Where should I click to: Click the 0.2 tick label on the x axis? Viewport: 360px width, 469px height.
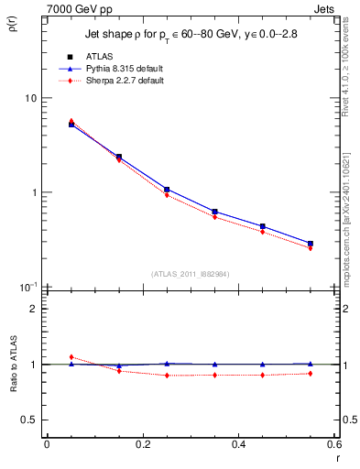click(x=142, y=443)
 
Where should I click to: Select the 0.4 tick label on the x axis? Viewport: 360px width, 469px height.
click(x=238, y=443)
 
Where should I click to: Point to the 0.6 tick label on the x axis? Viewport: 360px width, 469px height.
click(x=333, y=443)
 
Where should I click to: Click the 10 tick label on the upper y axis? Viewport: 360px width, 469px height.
click(x=30, y=98)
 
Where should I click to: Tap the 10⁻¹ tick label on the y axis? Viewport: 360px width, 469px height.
click(x=27, y=287)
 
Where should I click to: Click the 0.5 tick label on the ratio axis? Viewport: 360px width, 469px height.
click(x=29, y=420)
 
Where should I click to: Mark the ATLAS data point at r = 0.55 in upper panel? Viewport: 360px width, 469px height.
click(x=310, y=244)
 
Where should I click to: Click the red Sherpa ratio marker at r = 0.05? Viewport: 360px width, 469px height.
click(x=71, y=357)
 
